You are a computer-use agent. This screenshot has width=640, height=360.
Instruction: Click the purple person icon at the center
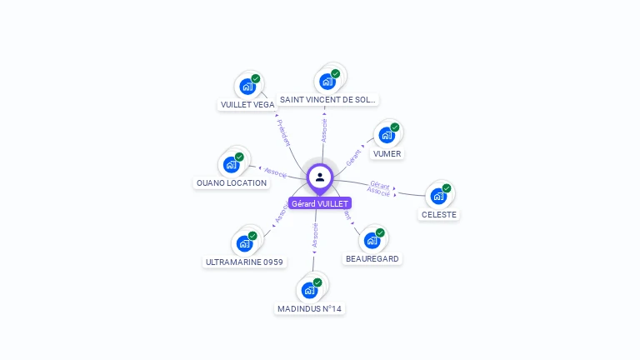(320, 177)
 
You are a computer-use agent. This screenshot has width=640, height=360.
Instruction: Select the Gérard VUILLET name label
(320, 203)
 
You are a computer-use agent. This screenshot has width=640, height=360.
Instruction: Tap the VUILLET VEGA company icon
(247, 86)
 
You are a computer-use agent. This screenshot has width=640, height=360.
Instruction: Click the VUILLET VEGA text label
(247, 105)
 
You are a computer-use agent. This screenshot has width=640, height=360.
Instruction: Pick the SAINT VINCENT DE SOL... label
(327, 99)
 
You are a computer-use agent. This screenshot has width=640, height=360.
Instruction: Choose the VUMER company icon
(387, 134)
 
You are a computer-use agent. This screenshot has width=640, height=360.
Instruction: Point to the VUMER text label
(387, 154)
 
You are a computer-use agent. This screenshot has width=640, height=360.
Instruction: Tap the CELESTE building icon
(438, 196)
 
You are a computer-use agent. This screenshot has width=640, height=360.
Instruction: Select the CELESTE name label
(439, 214)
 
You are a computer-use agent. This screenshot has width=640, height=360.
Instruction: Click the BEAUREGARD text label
(372, 259)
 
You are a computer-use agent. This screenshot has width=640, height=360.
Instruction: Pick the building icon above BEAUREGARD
(372, 240)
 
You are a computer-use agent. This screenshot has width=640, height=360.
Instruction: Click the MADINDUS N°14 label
(309, 309)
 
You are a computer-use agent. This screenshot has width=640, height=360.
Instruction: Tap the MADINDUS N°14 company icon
(310, 290)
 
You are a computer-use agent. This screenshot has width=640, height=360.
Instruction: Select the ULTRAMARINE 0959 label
(244, 262)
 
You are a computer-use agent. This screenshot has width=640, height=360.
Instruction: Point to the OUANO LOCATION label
(232, 182)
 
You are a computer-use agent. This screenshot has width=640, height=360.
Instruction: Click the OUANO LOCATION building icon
(232, 164)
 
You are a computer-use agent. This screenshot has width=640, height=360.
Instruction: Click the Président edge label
(284, 132)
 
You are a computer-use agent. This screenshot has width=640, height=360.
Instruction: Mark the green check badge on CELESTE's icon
(447, 188)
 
